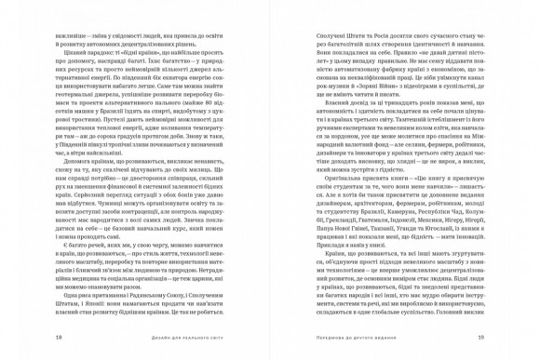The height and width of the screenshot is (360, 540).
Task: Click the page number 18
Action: coord(32,338)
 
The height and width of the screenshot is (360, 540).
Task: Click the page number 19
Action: coord(506,338)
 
